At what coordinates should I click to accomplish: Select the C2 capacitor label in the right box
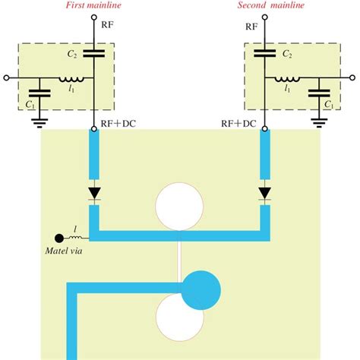coord(286,55)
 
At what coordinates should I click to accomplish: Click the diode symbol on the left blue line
coord(94,193)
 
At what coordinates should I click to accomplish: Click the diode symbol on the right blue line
coord(265,193)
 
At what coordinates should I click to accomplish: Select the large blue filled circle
coord(200,288)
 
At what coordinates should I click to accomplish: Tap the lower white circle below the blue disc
coord(179,320)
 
